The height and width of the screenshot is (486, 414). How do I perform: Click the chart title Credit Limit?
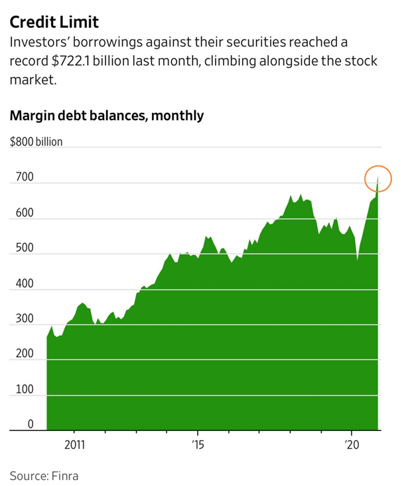(54, 21)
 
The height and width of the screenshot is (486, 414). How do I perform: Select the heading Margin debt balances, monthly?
(106, 116)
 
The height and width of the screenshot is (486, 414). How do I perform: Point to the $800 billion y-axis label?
(36, 141)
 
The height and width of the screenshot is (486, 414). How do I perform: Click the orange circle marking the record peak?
(378, 179)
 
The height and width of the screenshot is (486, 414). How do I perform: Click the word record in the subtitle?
(27, 61)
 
